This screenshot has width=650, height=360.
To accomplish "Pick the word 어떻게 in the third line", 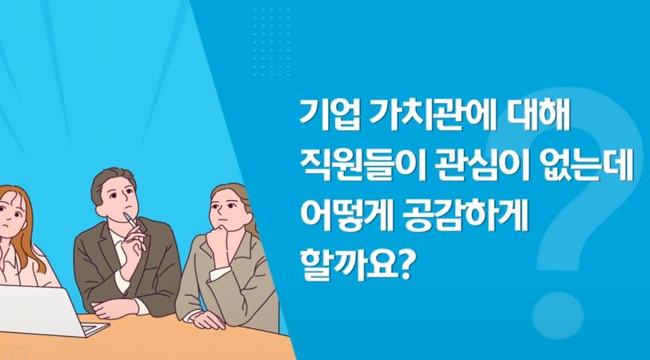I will coord(343,217).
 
